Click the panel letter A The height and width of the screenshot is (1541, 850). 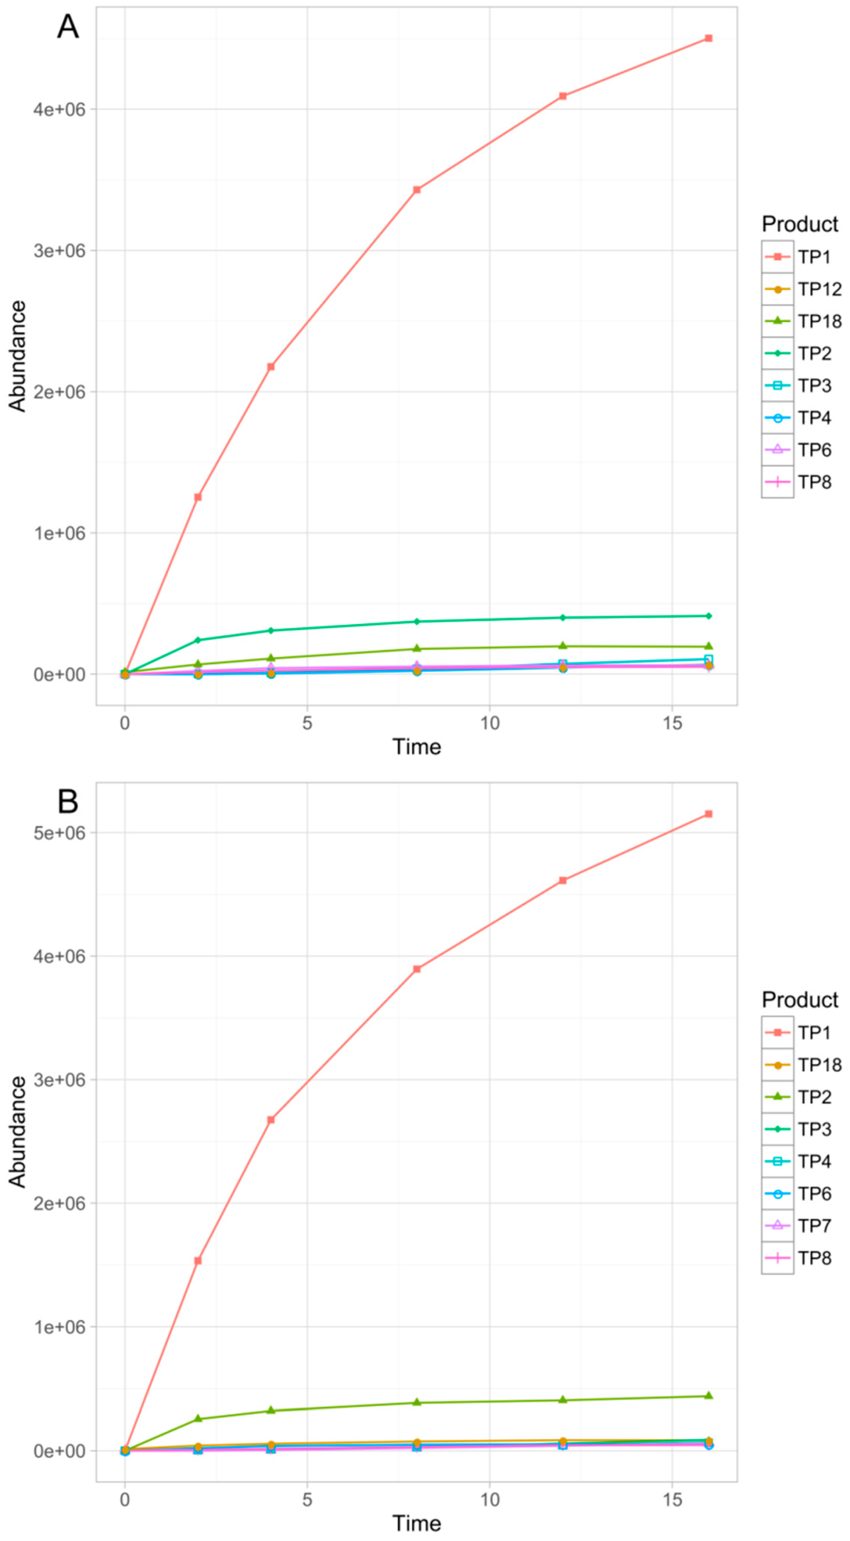(68, 27)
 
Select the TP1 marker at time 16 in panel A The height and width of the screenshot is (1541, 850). (708, 38)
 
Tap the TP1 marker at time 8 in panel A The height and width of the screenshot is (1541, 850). (417, 189)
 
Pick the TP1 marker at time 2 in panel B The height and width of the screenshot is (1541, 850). (198, 1260)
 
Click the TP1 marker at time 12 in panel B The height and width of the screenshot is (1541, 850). (563, 880)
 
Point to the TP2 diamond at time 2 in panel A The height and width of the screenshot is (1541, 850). (198, 640)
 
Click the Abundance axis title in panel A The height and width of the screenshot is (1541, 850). (18, 357)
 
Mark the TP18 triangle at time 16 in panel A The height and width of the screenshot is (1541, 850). (708, 646)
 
